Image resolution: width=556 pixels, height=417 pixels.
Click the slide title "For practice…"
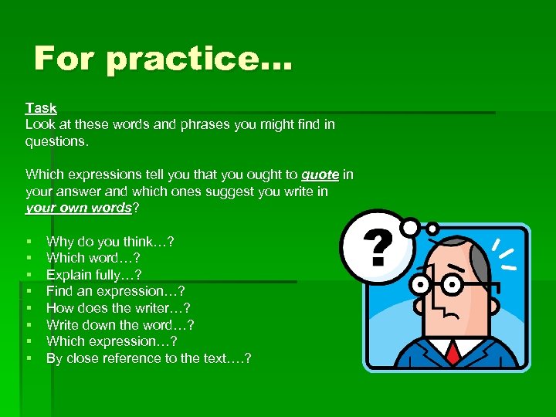163,59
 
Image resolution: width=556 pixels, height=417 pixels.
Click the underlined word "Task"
41,108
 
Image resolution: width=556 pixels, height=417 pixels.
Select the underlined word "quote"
320,175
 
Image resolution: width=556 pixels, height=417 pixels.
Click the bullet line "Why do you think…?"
110,242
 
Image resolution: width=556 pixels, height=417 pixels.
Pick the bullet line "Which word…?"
93,258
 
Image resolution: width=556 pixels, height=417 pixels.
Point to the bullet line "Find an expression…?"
115,291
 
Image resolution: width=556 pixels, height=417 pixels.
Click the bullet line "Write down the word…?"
120,325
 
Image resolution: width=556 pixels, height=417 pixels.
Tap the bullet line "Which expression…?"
112,341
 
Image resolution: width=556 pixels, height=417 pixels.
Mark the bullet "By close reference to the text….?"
148,358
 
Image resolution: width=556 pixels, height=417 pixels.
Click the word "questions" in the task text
56,142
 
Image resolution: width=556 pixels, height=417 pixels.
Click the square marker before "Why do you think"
29,242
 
